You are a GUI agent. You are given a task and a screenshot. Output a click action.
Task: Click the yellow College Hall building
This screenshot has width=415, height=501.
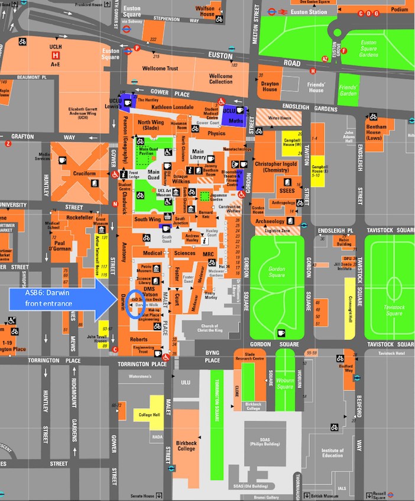pyautogui.click(x=150, y=415)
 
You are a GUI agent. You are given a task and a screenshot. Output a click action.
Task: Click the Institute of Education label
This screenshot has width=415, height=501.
pyautogui.click(x=332, y=452)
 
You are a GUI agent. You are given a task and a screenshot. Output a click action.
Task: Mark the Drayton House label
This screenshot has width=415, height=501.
pyautogui.click(x=270, y=86)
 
